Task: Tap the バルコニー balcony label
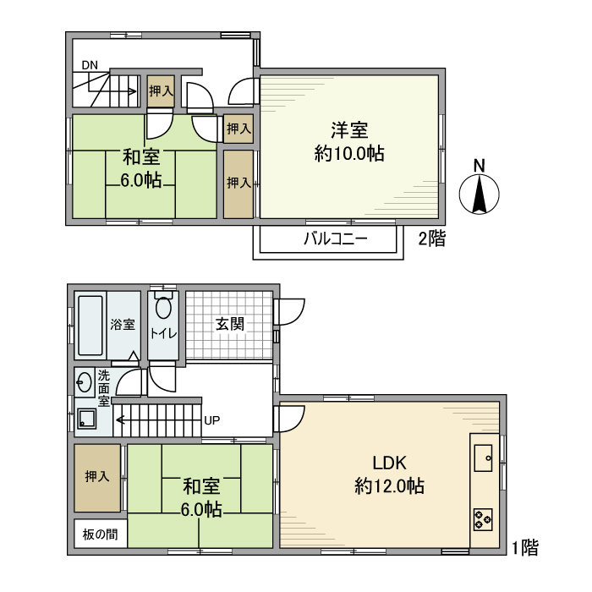[x=336, y=239]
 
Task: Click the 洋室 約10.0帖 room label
[x=348, y=141]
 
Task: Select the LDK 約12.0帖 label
[x=390, y=474]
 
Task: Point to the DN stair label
[x=90, y=65]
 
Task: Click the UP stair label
[x=212, y=419]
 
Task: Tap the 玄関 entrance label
[x=229, y=323]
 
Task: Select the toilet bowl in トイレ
[x=163, y=310]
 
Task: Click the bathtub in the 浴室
[x=90, y=325]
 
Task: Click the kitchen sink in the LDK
[x=485, y=458]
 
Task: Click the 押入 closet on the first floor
[x=96, y=478]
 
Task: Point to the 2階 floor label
[x=431, y=239]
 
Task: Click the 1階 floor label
[x=524, y=547]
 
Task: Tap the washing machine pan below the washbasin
[x=85, y=417]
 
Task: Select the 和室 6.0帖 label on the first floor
[x=202, y=497]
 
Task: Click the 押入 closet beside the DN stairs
[x=161, y=90]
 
